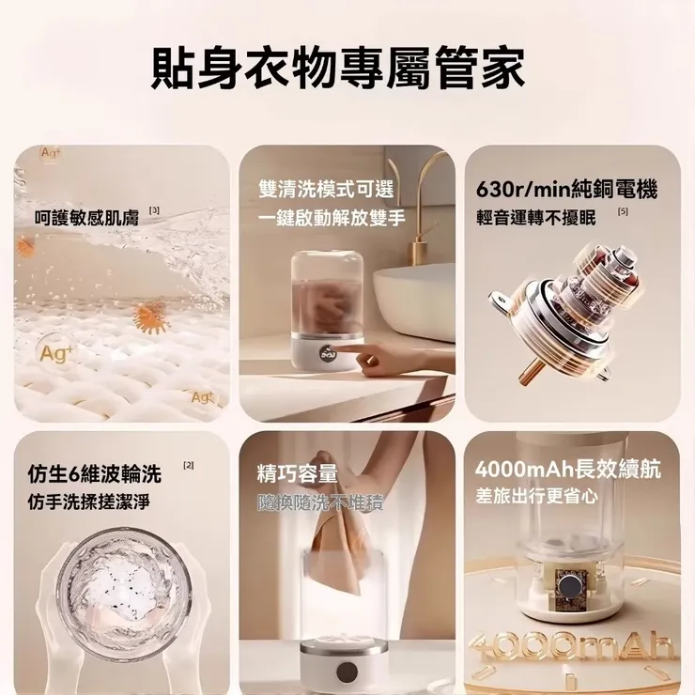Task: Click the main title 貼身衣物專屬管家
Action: pyautogui.click(x=338, y=69)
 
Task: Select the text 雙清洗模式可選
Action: pyautogui.click(x=326, y=189)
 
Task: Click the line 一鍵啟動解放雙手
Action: pyautogui.click(x=332, y=218)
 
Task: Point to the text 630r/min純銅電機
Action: pyautogui.click(x=566, y=189)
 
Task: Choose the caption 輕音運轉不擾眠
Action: pyautogui.click(x=536, y=218)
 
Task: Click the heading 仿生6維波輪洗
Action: pyautogui.click(x=94, y=472)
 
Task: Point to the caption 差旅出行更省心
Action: pyautogui.click(x=535, y=496)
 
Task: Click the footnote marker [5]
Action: pyautogui.click(x=623, y=212)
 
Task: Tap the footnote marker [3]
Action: pyautogui.click(x=154, y=211)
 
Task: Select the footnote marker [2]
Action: pyautogui.click(x=189, y=466)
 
